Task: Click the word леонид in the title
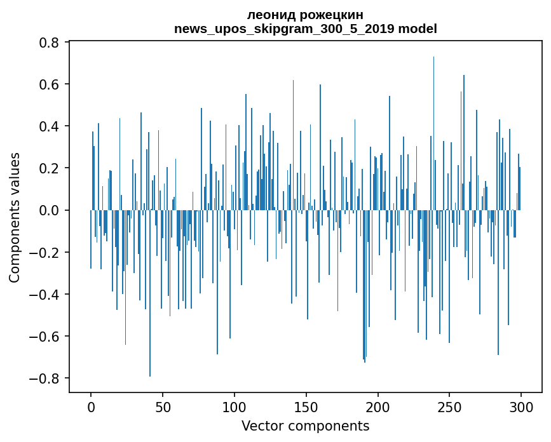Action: tap(269, 15)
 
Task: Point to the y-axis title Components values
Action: tap(15, 217)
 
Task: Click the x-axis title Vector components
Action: tap(305, 425)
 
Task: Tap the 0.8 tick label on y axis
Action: tap(49, 43)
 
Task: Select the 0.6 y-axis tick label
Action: tap(49, 84)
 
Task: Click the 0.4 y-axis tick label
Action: tap(49, 126)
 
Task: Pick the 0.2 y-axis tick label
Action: tap(49, 168)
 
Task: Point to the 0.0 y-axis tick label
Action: tap(49, 210)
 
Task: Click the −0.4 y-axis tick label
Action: tap(44, 294)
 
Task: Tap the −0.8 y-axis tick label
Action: tap(44, 378)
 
